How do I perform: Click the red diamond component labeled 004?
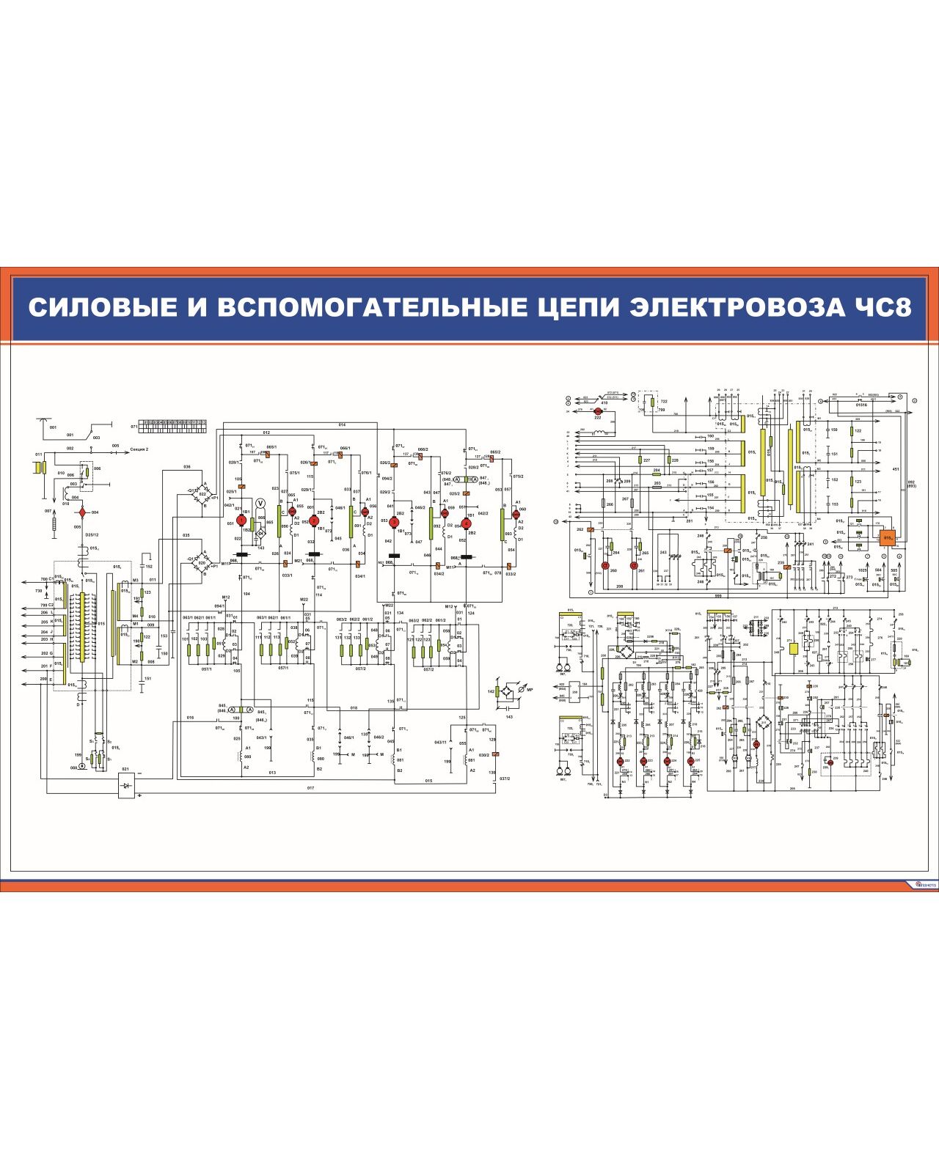pyautogui.click(x=83, y=512)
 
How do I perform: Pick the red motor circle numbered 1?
pyautogui.click(x=241, y=520)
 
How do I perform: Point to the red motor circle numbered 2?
pyautogui.click(x=314, y=520)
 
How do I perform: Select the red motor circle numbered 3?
pyautogui.click(x=393, y=521)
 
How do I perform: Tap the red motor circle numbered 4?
pyautogui.click(x=465, y=522)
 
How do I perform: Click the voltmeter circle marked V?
pyautogui.click(x=260, y=504)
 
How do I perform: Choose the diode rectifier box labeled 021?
pyautogui.click(x=126, y=785)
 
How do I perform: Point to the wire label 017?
pyautogui.click(x=310, y=788)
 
